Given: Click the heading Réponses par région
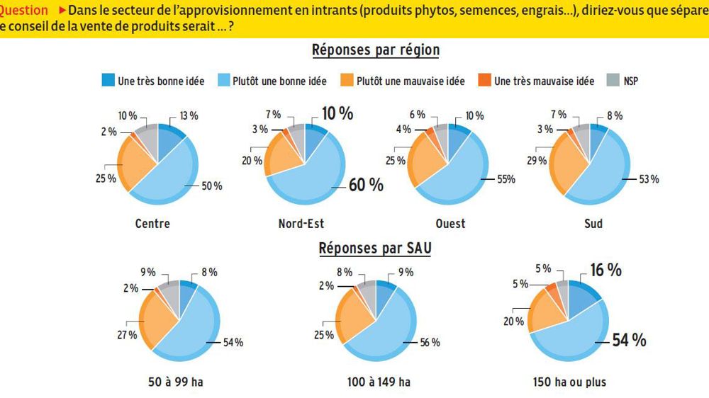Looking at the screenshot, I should tap(376, 50).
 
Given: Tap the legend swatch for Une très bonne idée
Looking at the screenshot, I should tap(108, 81).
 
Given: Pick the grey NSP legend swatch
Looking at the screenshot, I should tap(613, 81).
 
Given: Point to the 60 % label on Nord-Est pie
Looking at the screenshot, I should tap(365, 185).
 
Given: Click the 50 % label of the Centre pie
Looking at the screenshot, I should tap(212, 186).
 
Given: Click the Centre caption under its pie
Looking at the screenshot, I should tap(152, 224).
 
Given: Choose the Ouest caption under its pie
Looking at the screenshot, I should tap(450, 224).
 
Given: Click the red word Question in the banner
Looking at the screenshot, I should tap(23, 11).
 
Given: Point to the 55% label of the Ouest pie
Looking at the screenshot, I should tap(505, 180).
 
